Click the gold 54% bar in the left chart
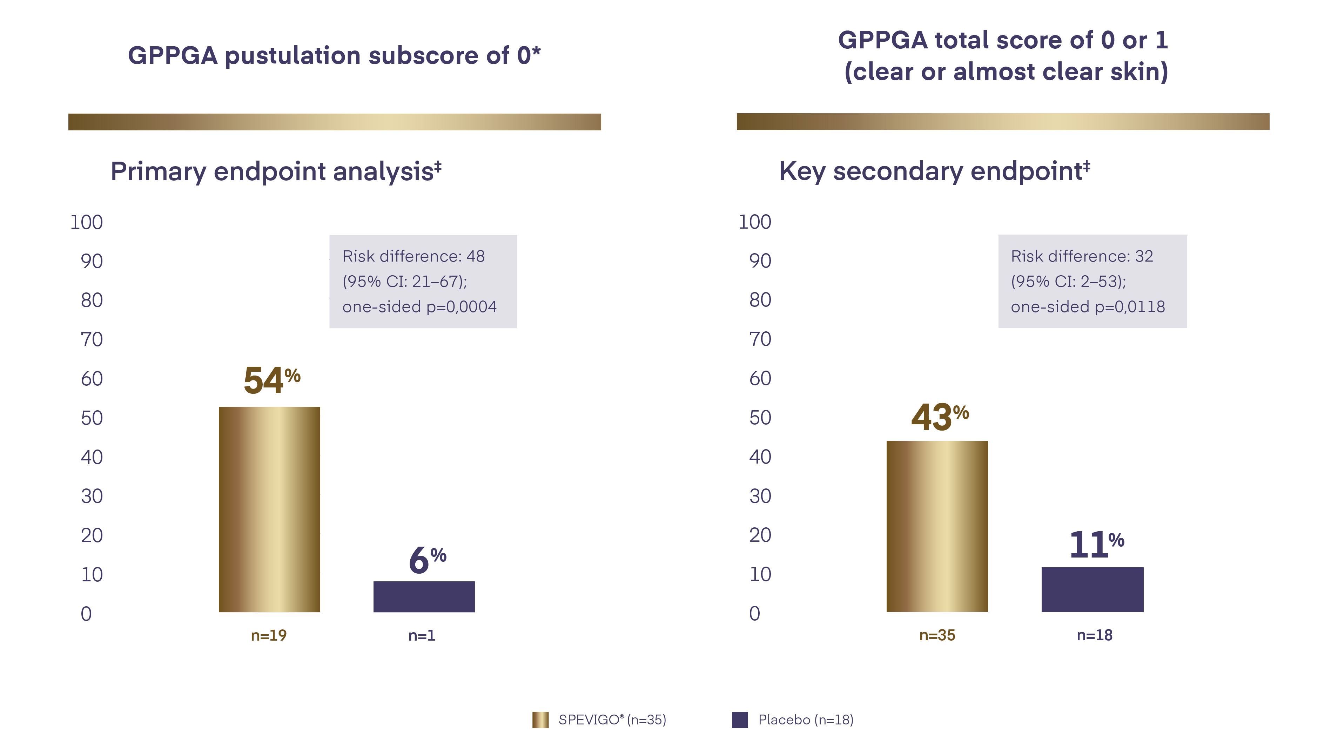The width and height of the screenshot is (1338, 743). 269,509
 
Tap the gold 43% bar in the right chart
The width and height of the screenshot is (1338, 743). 937,526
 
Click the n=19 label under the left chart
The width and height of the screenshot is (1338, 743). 269,635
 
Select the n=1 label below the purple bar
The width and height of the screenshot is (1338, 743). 421,635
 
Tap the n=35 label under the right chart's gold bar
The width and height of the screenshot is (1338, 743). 937,635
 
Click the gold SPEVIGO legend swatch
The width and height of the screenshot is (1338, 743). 540,720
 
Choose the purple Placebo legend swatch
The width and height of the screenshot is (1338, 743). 740,720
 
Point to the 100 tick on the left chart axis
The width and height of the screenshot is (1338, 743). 86,222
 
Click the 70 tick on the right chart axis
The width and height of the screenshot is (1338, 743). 760,339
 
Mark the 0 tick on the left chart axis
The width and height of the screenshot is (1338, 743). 86,614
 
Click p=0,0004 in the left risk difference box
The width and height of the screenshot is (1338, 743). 461,307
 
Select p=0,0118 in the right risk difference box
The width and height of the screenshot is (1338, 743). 1130,307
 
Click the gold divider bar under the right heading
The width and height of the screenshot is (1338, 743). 1002,122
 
